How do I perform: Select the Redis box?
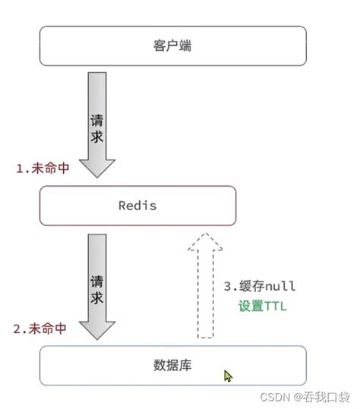(x=137, y=206)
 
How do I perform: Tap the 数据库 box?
(x=172, y=366)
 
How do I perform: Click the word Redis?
(x=137, y=206)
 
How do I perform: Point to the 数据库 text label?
(x=172, y=366)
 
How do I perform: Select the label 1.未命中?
(x=43, y=168)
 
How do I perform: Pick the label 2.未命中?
(x=43, y=329)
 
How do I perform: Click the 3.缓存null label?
(x=259, y=286)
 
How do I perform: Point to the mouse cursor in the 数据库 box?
(x=227, y=375)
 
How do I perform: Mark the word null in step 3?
(x=278, y=286)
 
